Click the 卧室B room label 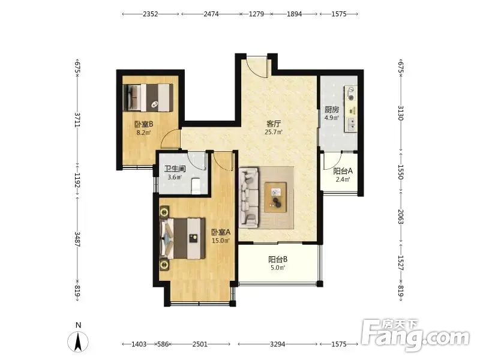coord(143,124)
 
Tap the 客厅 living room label coord(274,124)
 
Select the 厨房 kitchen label coord(332,110)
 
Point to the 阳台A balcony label coord(343,171)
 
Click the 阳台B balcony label coord(278,259)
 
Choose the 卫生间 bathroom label coord(175,169)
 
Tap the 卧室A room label coord(221,232)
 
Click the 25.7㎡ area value coord(274,132)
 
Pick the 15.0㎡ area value coord(221,241)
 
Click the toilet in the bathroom coord(196,187)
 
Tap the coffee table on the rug coord(275,197)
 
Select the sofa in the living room coord(248,197)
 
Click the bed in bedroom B coord(148,98)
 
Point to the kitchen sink coord(352,124)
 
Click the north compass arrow coord(79,342)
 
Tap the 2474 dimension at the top coord(211,14)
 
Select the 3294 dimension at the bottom coord(277,344)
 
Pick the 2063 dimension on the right coord(401,217)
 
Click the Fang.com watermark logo coord(415,335)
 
